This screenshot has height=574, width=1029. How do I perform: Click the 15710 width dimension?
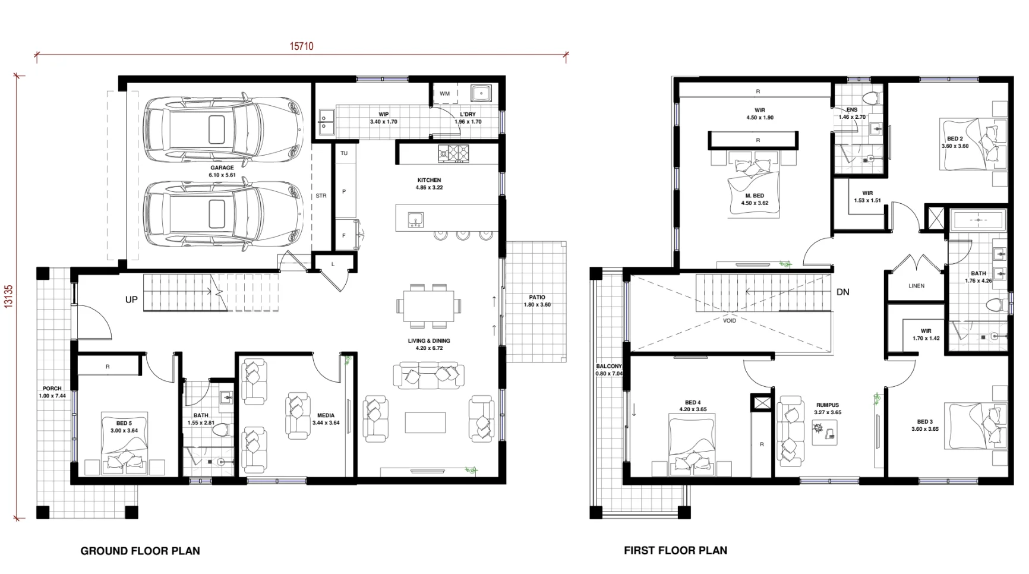coord(301,46)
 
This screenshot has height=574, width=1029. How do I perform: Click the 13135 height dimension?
coord(8,297)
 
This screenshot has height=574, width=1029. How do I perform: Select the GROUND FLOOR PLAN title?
coord(140,551)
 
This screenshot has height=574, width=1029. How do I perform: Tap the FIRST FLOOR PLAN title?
coord(676,550)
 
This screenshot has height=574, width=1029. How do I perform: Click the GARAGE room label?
coord(222,168)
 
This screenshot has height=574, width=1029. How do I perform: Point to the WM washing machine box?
coord(445,93)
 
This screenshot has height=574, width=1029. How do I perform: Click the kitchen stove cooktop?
coord(453,154)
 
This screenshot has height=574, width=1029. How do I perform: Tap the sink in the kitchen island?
coord(415,220)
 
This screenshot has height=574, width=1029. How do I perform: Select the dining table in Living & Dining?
coord(428,306)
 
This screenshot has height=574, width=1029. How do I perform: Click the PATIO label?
coord(537,297)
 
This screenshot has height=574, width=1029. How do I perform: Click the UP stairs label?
coord(131,300)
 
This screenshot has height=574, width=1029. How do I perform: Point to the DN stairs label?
coord(842,292)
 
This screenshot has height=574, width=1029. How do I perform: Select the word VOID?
coord(730,321)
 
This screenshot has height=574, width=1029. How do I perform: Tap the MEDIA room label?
coord(326,416)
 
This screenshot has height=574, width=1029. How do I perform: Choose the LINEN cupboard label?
coord(916,286)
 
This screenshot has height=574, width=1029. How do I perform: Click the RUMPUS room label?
coord(828,405)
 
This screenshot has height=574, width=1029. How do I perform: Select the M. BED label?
coord(755,196)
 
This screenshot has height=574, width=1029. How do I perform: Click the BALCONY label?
coord(608,367)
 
